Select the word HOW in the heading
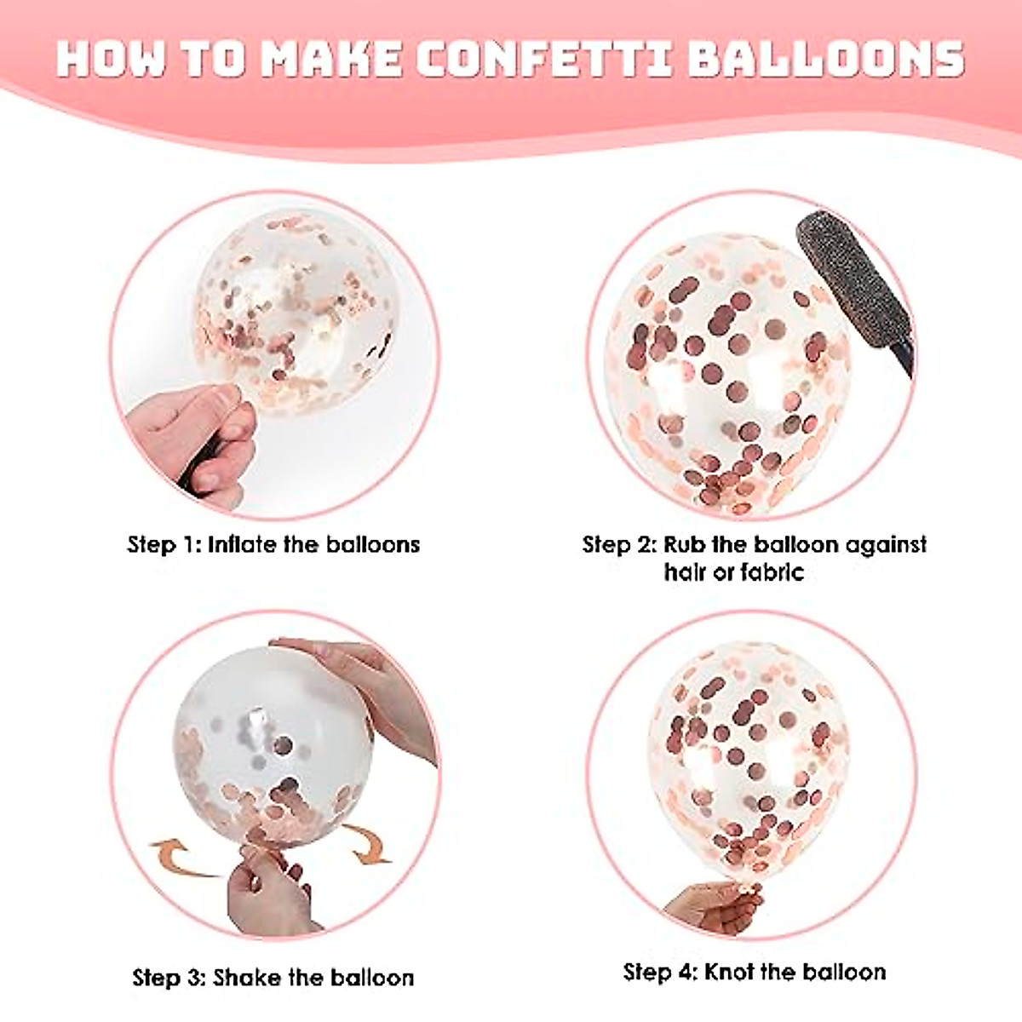pos(112,57)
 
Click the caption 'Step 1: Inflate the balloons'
pos(273,544)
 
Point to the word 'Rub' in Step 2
pos(686,544)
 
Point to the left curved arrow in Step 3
pos(179,856)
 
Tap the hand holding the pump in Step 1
pos(192,443)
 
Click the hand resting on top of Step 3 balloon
pos(366,681)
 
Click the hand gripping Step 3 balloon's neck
pos(268,886)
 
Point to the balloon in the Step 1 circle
pos(294,311)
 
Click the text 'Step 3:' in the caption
pos(169,977)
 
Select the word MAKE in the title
pos(332,57)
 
